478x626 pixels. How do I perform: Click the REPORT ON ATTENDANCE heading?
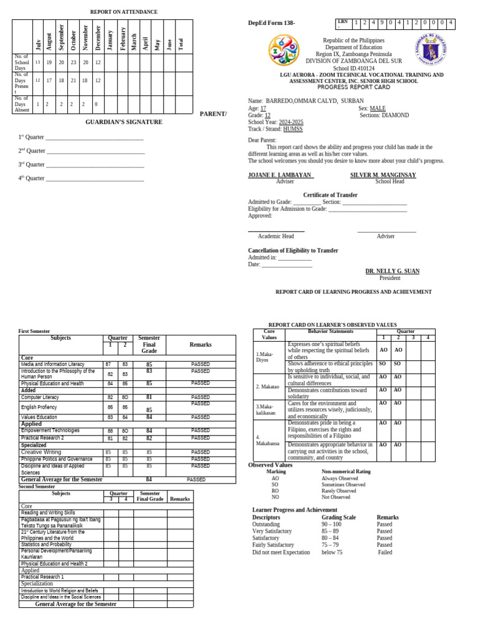coord(124,12)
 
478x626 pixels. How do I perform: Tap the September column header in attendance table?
coord(61,37)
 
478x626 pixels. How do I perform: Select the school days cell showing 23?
coord(73,63)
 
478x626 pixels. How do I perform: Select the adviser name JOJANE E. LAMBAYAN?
coord(279,175)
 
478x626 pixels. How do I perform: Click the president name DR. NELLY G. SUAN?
coord(392,271)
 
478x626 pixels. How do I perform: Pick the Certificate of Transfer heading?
coord(330,195)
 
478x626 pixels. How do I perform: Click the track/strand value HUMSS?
coord(293,129)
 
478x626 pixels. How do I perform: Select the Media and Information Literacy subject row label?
coord(53,364)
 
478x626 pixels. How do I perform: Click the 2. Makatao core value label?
coord(268,386)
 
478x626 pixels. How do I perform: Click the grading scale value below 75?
coord(332,552)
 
